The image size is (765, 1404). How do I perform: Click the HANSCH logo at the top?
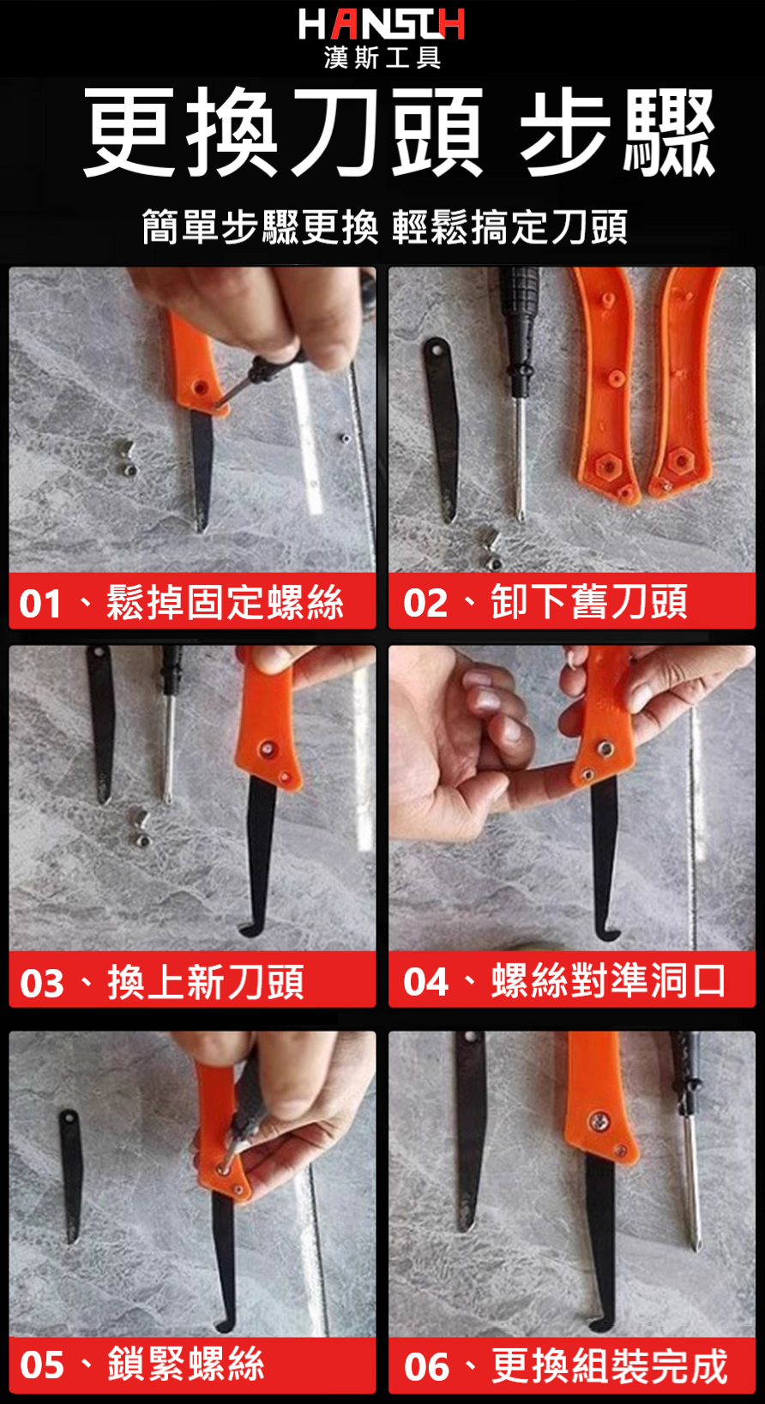(x=382, y=25)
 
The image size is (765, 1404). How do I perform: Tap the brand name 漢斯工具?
(x=382, y=57)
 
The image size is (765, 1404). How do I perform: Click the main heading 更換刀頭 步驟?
(x=399, y=132)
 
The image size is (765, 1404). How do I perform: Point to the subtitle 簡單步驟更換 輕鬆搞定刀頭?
(x=385, y=226)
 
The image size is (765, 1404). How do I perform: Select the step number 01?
(x=40, y=604)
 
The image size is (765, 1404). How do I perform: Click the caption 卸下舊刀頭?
(x=589, y=602)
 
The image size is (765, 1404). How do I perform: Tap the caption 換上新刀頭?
(x=206, y=982)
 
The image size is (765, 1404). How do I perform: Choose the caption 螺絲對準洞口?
(x=608, y=981)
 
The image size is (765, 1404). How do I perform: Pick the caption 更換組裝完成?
(x=610, y=1365)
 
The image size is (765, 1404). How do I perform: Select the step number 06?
(x=427, y=1368)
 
